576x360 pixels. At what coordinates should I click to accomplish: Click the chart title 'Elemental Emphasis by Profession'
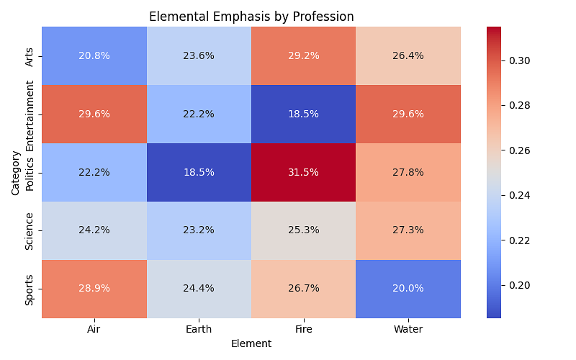tap(251, 17)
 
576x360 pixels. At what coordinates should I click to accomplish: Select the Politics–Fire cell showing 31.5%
tap(303, 173)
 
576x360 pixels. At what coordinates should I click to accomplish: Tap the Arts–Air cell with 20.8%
tap(94, 56)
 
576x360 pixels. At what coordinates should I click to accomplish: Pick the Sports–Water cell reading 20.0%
tap(408, 288)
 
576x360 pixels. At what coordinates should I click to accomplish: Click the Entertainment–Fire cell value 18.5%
tap(303, 114)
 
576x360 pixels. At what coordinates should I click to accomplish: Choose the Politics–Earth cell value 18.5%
tap(199, 173)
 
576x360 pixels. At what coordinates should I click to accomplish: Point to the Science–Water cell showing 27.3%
tap(408, 230)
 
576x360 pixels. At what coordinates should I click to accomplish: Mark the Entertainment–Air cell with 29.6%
tap(94, 114)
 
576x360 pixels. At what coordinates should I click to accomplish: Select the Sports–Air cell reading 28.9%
tap(94, 288)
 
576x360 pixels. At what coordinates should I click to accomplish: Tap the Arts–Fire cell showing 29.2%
tap(303, 56)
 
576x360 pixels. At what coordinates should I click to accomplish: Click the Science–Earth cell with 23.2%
tap(199, 230)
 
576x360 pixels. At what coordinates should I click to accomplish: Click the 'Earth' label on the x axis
tap(199, 329)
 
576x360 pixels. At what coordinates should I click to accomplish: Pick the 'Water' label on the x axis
tap(408, 329)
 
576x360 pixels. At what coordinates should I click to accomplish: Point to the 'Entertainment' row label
tap(30, 114)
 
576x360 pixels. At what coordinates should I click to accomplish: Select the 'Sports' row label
tap(30, 288)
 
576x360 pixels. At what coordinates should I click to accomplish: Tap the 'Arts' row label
tap(30, 56)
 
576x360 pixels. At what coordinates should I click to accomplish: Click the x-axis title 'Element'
tap(251, 344)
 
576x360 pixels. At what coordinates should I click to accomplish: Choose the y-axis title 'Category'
tap(16, 173)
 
